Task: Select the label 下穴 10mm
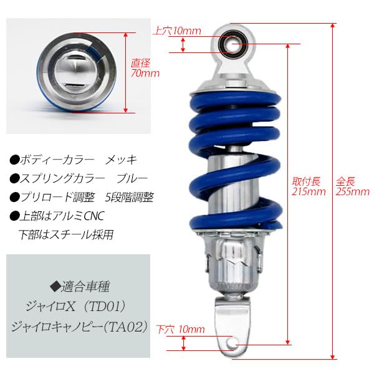point(180,328)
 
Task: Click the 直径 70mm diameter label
point(145,67)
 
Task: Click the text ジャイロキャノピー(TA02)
point(80,327)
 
